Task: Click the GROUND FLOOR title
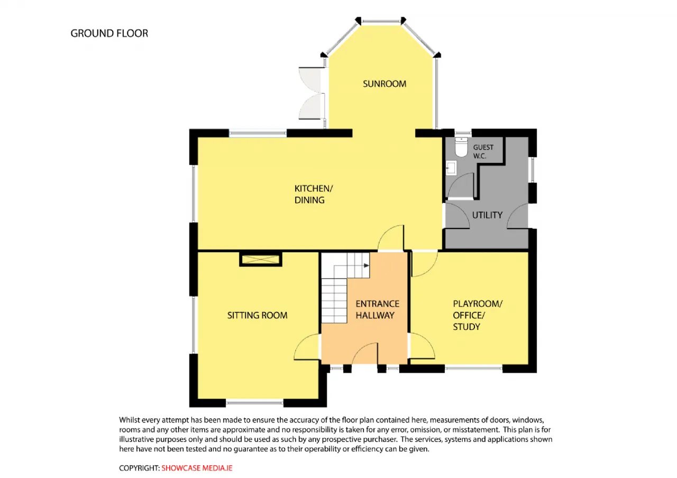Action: click(109, 33)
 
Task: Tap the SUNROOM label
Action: click(385, 84)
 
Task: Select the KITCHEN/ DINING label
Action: click(314, 194)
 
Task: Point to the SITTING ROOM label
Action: click(257, 315)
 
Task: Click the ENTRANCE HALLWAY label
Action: click(377, 309)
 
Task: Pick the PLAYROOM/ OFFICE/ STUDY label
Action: click(478, 315)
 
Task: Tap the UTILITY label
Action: click(487, 215)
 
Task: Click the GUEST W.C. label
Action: click(483, 151)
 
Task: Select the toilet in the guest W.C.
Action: click(461, 147)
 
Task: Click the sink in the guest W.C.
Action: click(451, 168)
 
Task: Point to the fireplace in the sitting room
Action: click(261, 259)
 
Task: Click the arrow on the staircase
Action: click(366, 265)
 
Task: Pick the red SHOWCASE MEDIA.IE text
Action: click(197, 468)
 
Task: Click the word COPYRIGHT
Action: click(139, 468)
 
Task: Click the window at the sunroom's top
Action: click(381, 21)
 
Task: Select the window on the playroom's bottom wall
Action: click(473, 368)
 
